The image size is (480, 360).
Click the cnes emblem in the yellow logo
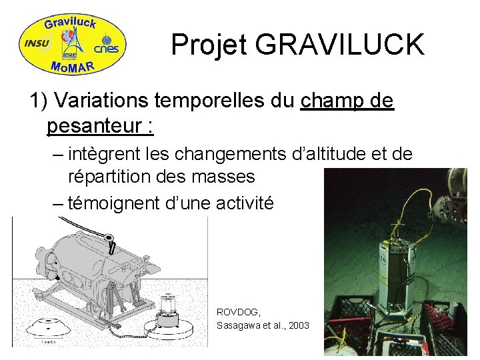click(x=107, y=45)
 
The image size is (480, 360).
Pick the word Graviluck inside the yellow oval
click(x=71, y=24)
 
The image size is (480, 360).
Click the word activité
click(x=245, y=202)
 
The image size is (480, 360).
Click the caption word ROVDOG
click(x=239, y=312)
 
